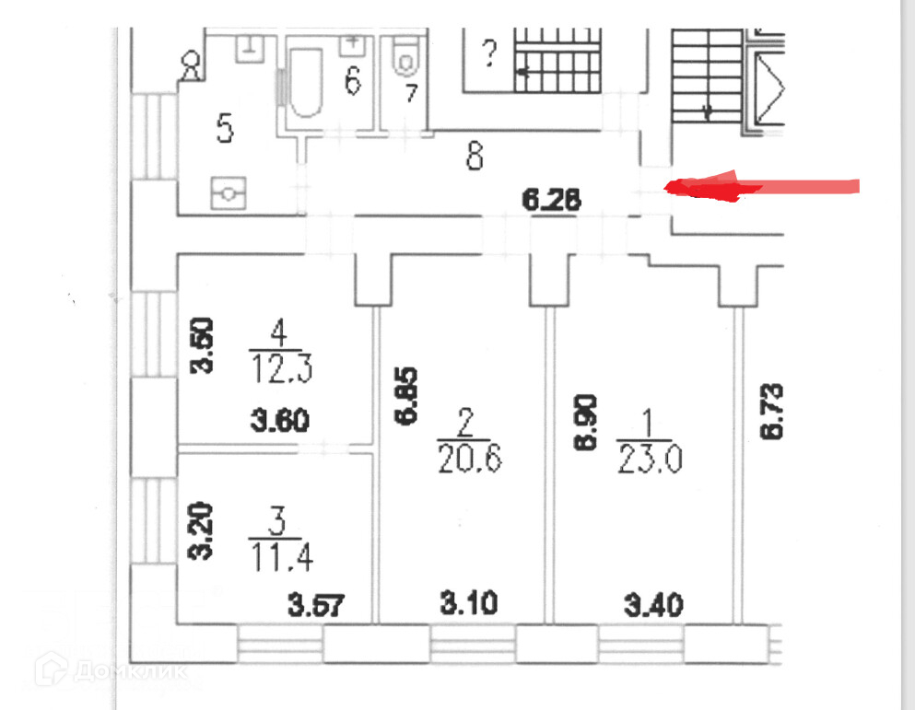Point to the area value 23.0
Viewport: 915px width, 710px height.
tap(649, 457)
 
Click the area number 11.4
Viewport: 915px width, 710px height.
tap(280, 556)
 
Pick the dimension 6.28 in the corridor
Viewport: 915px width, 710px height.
tap(551, 200)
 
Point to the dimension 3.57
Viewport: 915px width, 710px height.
tap(317, 605)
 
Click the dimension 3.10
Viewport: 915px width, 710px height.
tap(469, 604)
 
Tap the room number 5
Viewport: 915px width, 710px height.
tap(224, 127)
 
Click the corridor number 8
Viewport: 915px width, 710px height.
tap(475, 157)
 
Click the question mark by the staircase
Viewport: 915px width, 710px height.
tap(488, 55)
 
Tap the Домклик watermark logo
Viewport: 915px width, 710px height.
tap(111, 670)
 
